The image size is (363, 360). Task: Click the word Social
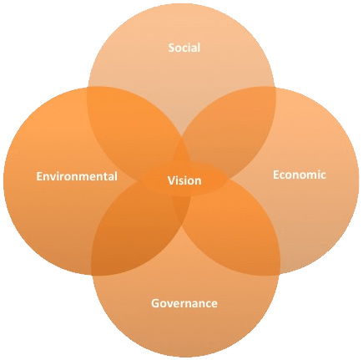[184, 48]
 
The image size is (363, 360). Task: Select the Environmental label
[77, 176]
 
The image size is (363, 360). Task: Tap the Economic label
[299, 175]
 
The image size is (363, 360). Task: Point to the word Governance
[184, 303]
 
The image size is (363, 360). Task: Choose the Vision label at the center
[184, 180]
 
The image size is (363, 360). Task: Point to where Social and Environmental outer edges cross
[88, 88]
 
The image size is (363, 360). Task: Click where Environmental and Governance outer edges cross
[92, 275]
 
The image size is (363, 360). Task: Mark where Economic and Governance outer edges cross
[279, 275]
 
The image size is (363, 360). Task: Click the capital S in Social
[172, 48]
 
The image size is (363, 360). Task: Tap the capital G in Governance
[155, 303]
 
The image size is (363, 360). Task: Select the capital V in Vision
[171, 180]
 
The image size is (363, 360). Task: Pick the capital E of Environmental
[39, 176]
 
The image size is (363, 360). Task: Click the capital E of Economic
[276, 175]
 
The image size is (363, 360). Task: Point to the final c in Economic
[323, 176]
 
